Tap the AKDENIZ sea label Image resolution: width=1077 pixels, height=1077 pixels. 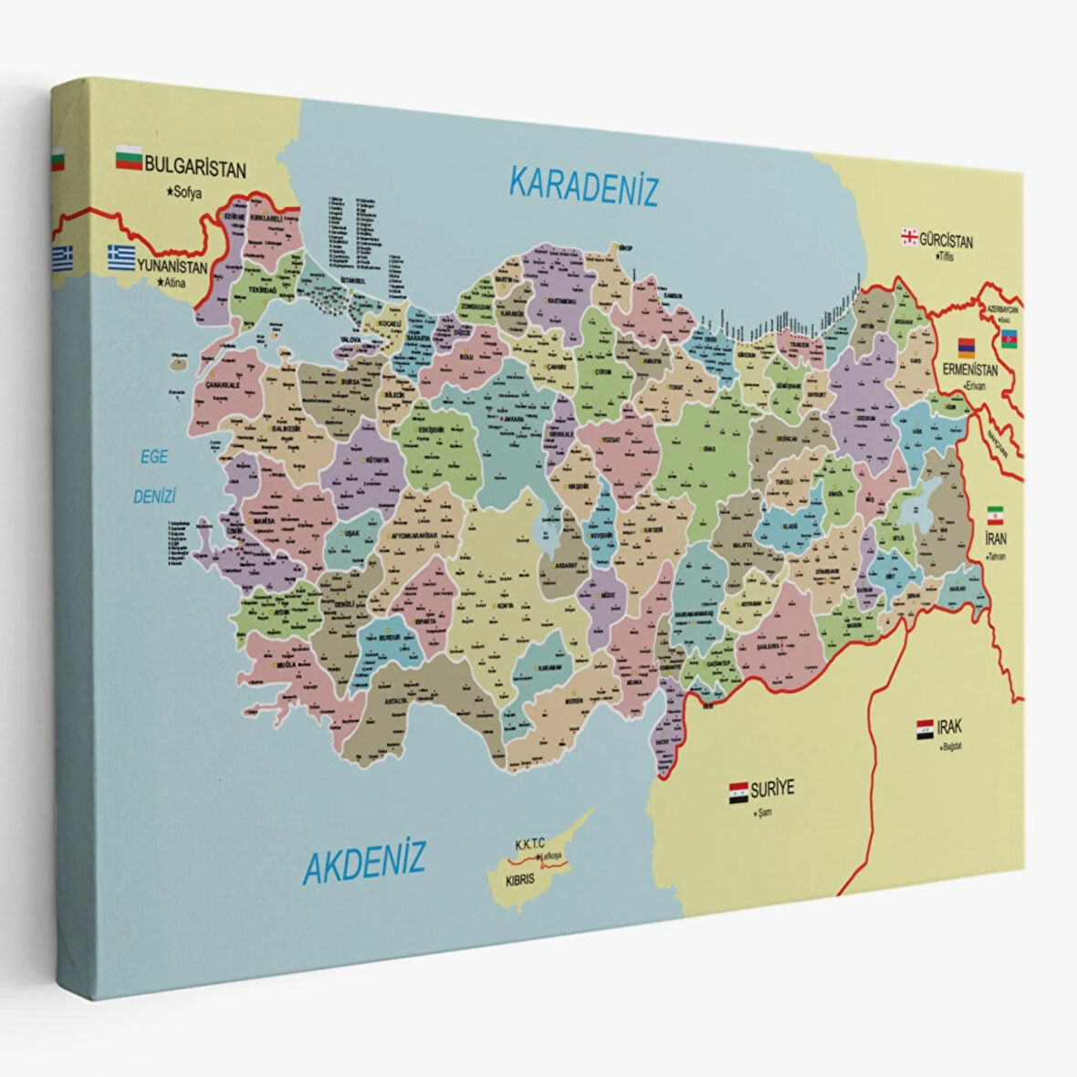(364, 861)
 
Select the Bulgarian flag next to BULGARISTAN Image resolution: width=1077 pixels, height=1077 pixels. (128, 161)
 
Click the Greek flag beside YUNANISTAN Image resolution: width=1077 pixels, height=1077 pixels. (120, 256)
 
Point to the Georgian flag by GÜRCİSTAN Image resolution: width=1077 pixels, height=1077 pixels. (909, 237)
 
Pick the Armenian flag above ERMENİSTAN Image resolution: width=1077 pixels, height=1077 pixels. (966, 348)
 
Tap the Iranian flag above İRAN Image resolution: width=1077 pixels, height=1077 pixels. (995, 514)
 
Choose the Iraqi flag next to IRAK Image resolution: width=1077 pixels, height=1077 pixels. (925, 729)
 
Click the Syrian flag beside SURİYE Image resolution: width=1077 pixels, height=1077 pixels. (738, 791)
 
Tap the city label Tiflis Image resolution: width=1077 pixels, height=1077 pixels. (941, 257)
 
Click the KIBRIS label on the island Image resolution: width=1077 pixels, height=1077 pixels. (519, 882)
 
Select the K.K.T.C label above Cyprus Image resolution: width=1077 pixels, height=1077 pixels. (529, 845)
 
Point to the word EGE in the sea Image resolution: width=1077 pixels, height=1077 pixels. (153, 456)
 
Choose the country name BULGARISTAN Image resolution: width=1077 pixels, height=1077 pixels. (195, 169)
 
